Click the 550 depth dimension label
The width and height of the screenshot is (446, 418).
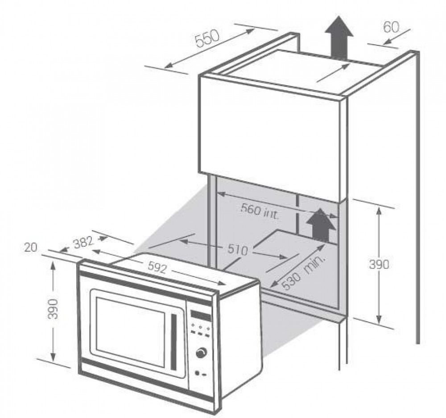208,39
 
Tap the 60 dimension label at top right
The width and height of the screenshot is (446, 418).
392,27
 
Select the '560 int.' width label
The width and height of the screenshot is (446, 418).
260,211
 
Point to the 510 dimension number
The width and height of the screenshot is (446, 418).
238,250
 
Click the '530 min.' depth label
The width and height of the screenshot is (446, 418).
303,272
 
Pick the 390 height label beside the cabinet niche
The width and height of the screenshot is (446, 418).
379,265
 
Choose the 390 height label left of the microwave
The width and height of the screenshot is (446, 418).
53,309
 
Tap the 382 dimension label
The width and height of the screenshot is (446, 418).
83,243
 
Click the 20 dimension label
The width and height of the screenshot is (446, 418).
31,247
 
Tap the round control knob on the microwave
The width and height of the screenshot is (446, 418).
201,353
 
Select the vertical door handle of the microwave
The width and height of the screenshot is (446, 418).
174,341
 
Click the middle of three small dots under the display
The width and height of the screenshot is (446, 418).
200,327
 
